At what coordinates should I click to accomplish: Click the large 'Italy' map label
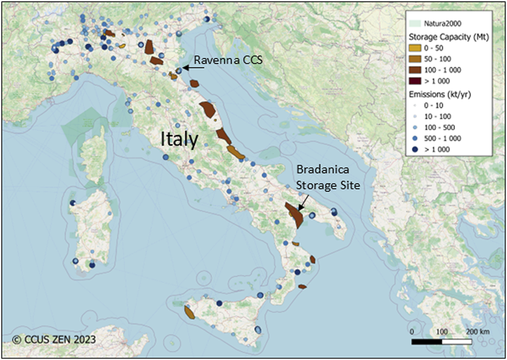(179, 139)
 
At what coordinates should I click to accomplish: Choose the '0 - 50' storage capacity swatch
(417, 48)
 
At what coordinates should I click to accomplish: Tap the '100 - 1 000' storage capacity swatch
(417, 70)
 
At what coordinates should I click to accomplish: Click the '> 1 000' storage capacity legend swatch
(417, 82)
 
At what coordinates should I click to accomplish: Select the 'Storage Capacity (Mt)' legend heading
(448, 37)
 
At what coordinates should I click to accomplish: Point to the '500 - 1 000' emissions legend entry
(447, 138)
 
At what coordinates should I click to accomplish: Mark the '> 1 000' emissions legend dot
(418, 149)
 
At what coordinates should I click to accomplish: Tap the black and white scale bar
(442, 342)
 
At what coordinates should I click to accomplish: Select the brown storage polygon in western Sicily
(190, 312)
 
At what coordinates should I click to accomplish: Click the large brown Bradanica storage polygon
(295, 215)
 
